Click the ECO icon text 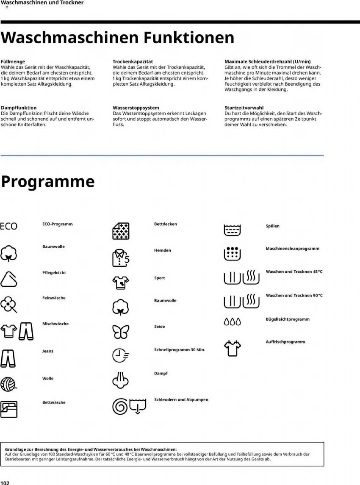9,226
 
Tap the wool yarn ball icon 9,383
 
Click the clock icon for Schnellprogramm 120,355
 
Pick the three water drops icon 232,322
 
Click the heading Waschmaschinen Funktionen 117,38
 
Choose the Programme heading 47,181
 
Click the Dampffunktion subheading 19,108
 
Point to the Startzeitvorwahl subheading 244,108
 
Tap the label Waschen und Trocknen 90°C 294,295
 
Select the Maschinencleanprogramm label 292,249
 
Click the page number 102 5,482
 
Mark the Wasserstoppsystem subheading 136,108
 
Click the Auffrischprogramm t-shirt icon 232,347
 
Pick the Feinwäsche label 54,298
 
